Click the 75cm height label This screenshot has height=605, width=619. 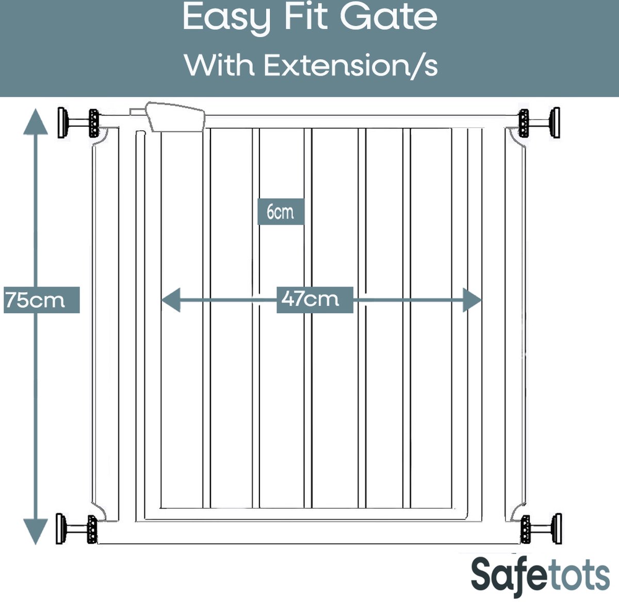point(41,300)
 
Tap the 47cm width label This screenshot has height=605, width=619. point(315,299)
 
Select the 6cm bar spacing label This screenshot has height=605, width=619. point(281,212)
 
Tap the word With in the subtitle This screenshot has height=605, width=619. point(219,65)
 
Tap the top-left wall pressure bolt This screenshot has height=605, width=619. point(78,123)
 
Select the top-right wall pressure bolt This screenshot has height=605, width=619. point(539,123)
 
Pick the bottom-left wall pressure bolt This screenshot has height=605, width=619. point(77,529)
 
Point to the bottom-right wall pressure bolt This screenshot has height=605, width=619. point(541,529)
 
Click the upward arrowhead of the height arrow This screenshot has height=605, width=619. point(35,121)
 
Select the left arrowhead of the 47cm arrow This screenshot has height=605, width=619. point(171,300)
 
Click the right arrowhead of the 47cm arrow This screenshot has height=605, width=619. point(472,300)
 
